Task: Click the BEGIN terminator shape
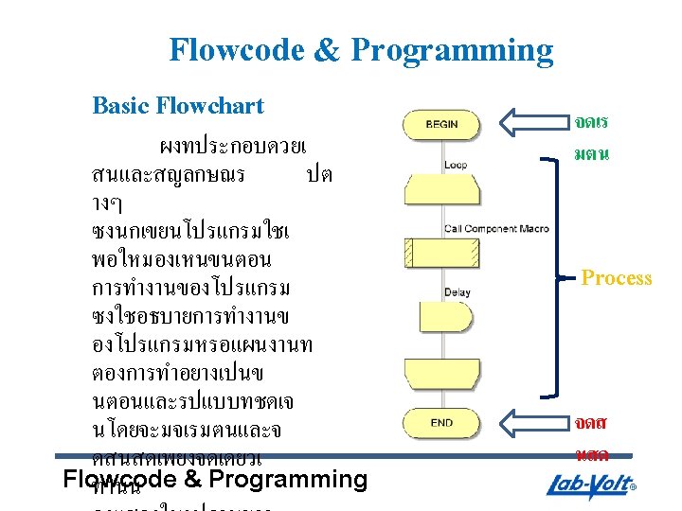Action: click(x=442, y=124)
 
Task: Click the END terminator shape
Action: click(x=442, y=422)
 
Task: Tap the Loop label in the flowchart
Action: click(x=456, y=165)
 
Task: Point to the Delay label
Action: click(x=457, y=292)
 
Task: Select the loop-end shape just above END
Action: click(x=441, y=373)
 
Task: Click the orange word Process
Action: click(x=617, y=278)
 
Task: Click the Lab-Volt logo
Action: click(x=593, y=486)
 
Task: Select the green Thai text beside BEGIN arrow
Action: click(x=591, y=136)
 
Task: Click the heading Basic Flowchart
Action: click(x=178, y=105)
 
